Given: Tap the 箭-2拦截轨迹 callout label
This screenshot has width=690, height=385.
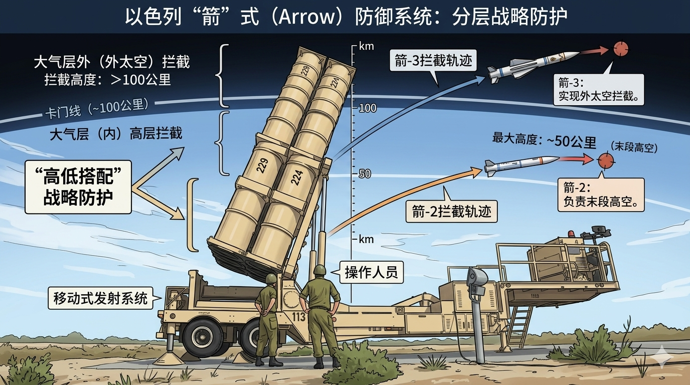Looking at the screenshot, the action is pos(451,212).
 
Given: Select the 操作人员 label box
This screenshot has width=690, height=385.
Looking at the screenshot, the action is pos(371,272).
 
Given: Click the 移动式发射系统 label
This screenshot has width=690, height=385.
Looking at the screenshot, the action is pos(100,299).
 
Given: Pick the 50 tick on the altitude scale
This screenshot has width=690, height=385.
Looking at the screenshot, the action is pos(365,174).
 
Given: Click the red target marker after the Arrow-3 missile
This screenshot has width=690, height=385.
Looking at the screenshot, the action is pos(620,49).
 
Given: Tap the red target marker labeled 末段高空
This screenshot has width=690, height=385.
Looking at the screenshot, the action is pos(606,160).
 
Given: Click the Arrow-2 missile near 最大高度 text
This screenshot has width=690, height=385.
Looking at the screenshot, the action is pos(522,164).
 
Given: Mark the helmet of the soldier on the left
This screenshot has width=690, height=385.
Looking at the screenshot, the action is pos(271,279).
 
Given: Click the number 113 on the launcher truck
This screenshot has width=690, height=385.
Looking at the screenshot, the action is pos(298,316).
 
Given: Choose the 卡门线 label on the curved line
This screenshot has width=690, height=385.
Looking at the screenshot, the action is pos(97,108).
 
